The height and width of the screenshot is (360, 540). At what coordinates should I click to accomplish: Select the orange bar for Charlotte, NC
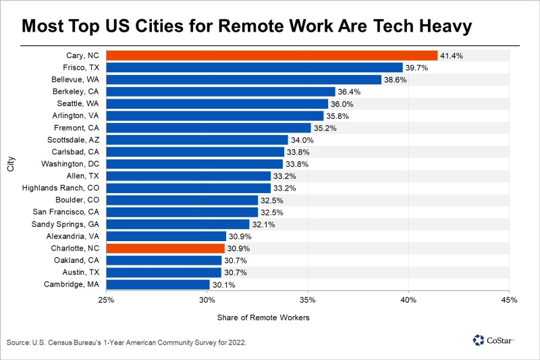point(166,248)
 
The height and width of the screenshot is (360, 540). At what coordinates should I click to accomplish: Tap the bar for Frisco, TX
point(254,68)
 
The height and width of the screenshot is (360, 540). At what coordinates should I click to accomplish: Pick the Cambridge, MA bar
point(158,284)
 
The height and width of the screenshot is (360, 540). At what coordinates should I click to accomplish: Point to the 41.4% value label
point(452,55)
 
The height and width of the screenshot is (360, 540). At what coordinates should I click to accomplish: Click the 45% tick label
point(509,299)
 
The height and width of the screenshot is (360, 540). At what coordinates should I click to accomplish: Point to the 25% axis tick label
point(107,299)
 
